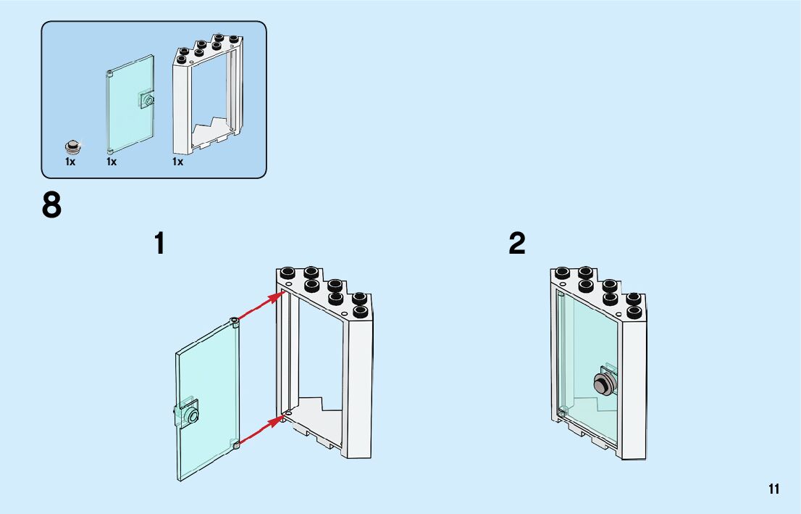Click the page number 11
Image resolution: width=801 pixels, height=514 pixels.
tap(774, 489)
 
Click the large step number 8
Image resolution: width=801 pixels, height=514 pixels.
tap(52, 206)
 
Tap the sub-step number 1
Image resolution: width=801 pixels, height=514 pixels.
tap(159, 244)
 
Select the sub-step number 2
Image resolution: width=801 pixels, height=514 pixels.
tap(517, 244)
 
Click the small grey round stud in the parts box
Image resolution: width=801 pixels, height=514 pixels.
tap(72, 144)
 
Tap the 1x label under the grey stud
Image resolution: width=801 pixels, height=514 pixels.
tap(70, 162)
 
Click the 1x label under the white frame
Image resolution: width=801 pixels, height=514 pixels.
tap(177, 162)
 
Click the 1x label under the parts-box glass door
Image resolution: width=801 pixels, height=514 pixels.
tap(112, 162)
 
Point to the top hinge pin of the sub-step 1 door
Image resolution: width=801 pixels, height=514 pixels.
tap(234, 321)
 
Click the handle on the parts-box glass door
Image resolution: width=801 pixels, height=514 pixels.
tap(147, 99)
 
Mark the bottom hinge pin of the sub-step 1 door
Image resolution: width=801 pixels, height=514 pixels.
tap(235, 444)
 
